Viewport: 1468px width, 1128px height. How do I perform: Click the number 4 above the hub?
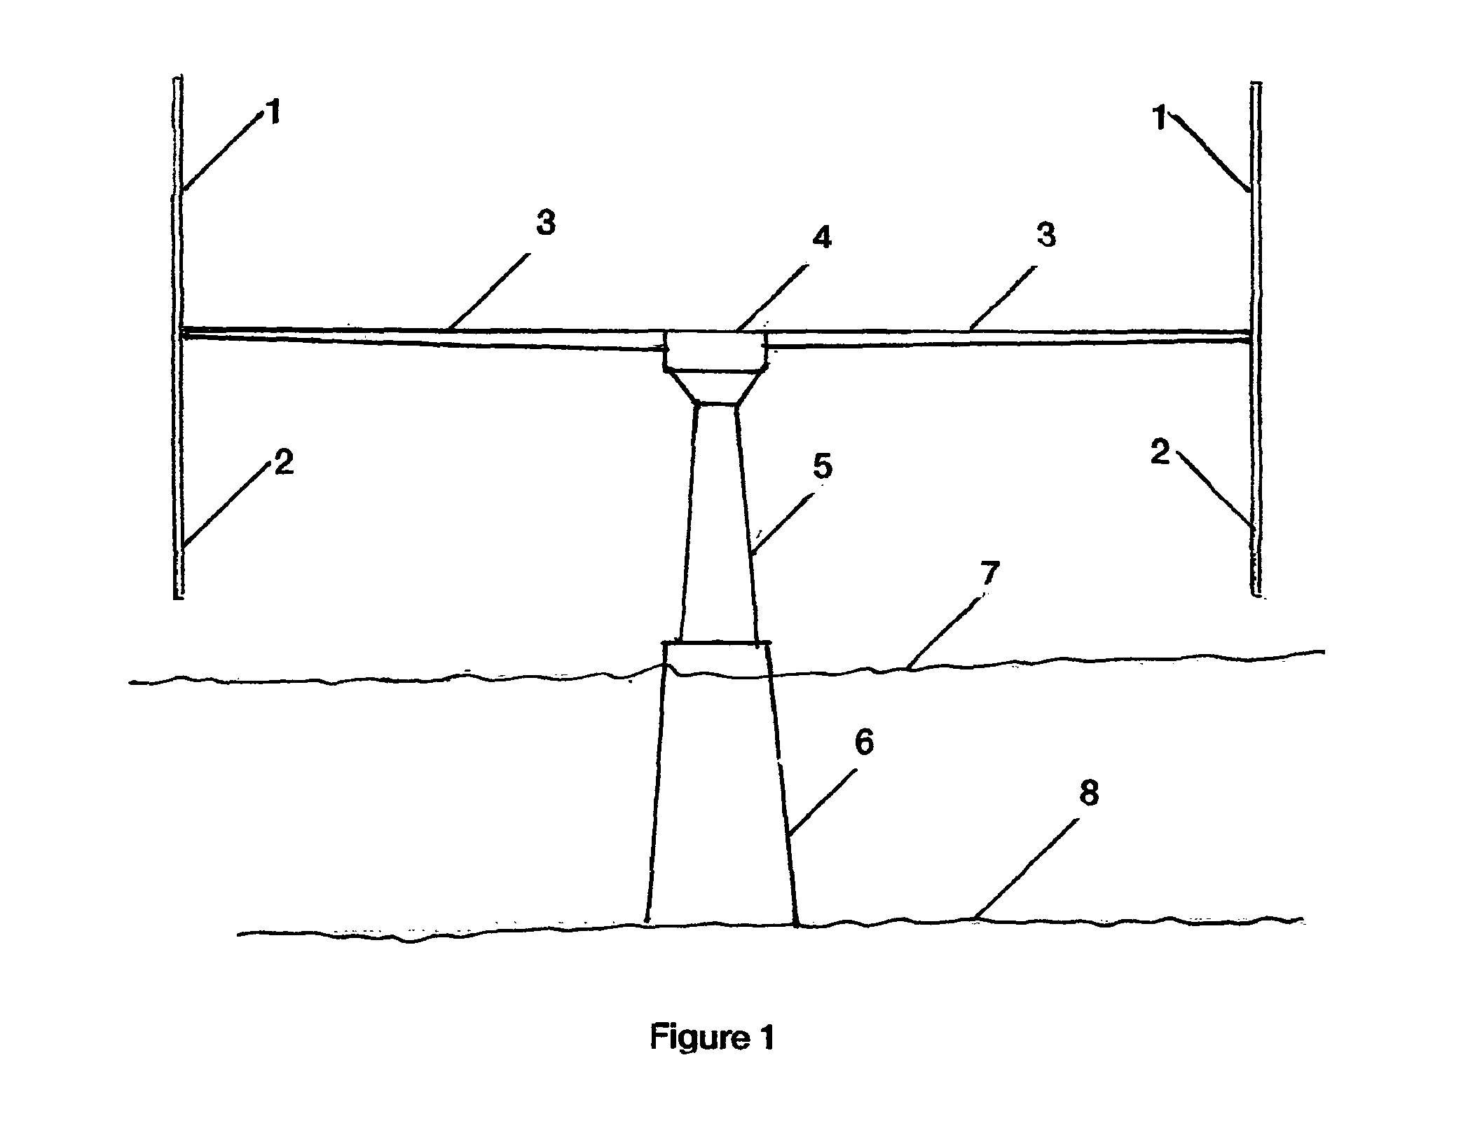(x=822, y=237)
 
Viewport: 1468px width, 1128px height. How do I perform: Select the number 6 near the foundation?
(x=864, y=742)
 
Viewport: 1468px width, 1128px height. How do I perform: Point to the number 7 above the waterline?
(x=988, y=575)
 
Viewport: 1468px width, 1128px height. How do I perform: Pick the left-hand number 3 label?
(x=545, y=222)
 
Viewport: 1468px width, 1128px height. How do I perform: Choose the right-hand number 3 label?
(x=1046, y=235)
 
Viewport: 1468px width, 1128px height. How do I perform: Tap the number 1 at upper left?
(x=274, y=112)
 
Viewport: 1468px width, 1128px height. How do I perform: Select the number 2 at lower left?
(x=283, y=463)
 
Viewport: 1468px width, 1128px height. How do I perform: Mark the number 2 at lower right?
(x=1160, y=453)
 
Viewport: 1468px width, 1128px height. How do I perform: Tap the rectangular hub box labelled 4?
(x=715, y=350)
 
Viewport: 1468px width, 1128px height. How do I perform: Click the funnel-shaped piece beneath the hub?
(x=715, y=387)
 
